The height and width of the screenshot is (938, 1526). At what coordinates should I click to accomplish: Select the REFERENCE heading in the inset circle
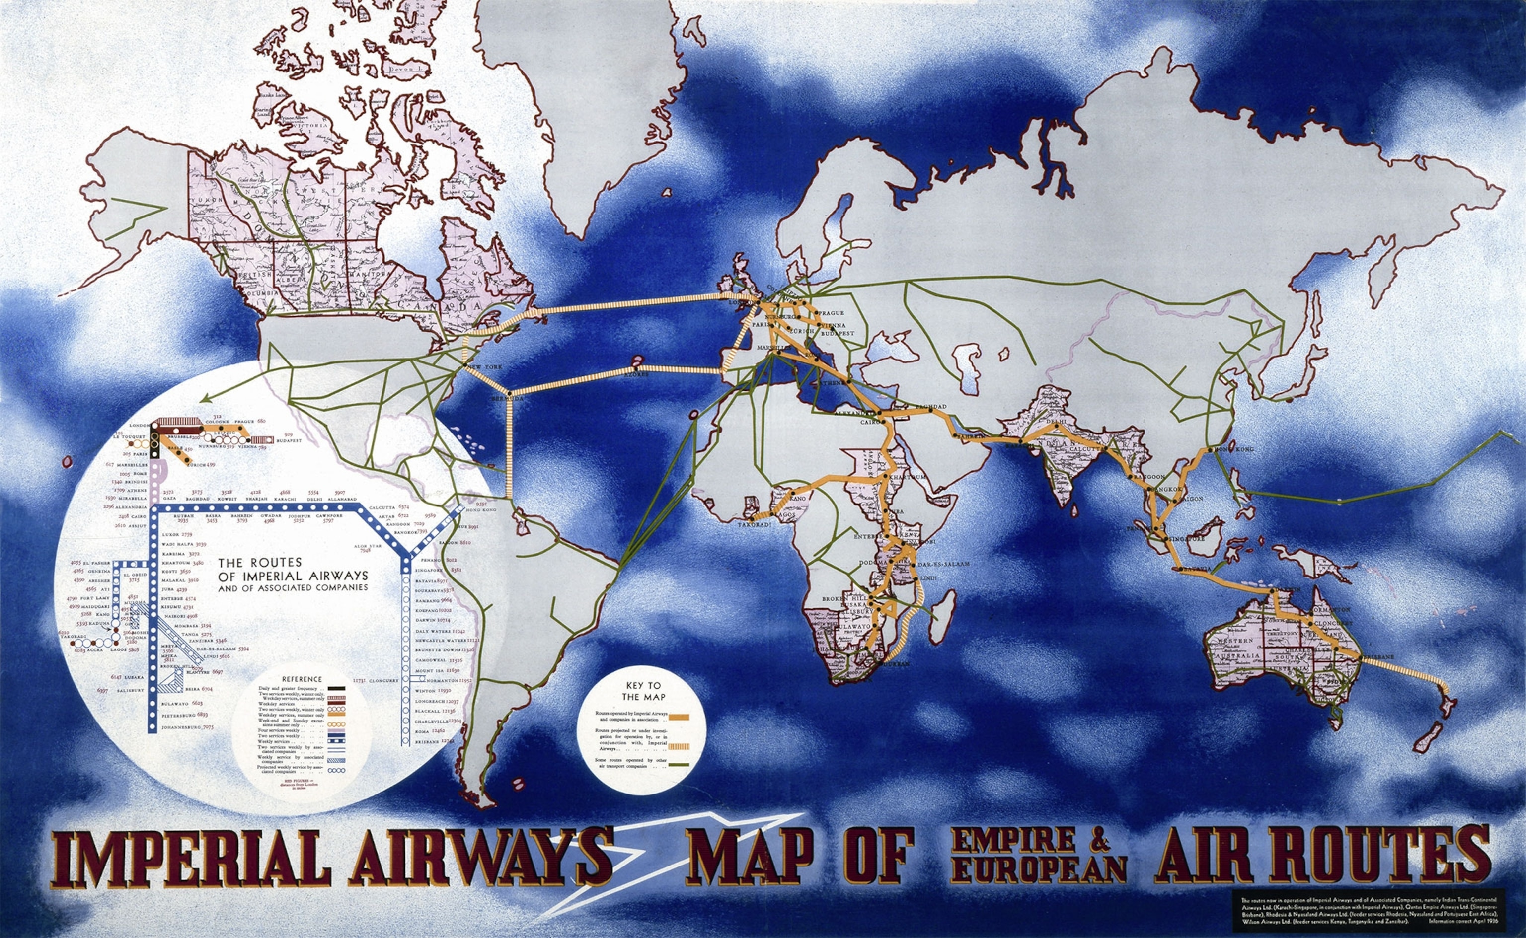pyautogui.click(x=302, y=679)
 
